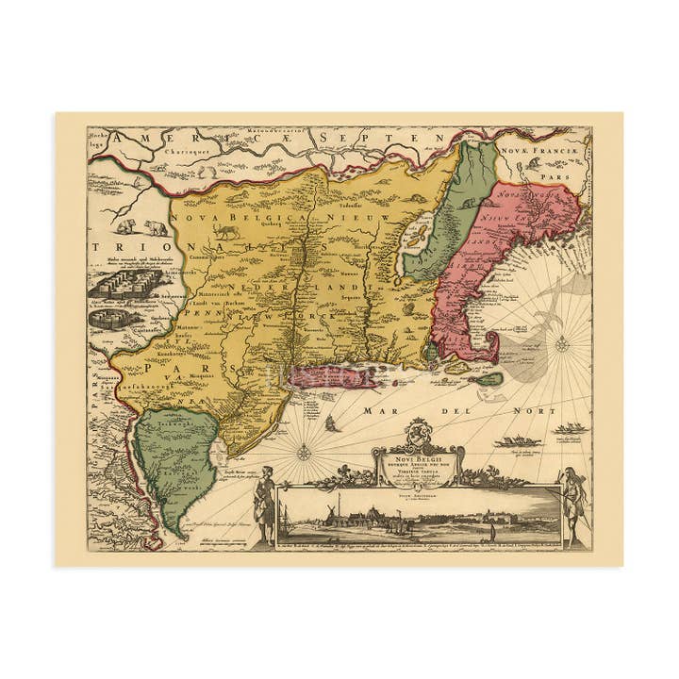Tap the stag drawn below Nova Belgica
(225, 231)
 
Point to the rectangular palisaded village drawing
(112, 283)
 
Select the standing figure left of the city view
(266, 505)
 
